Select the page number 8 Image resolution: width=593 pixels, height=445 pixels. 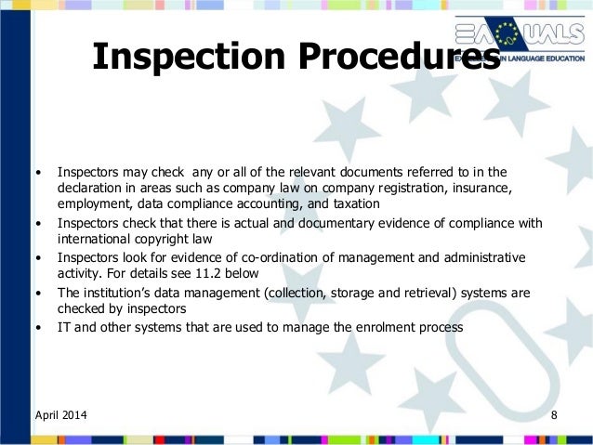(554, 412)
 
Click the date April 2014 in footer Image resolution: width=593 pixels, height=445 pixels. (63, 412)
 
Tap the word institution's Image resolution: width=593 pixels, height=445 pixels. (117, 292)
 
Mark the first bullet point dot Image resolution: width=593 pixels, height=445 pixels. (38, 172)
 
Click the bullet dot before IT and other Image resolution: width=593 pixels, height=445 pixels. (38, 327)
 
